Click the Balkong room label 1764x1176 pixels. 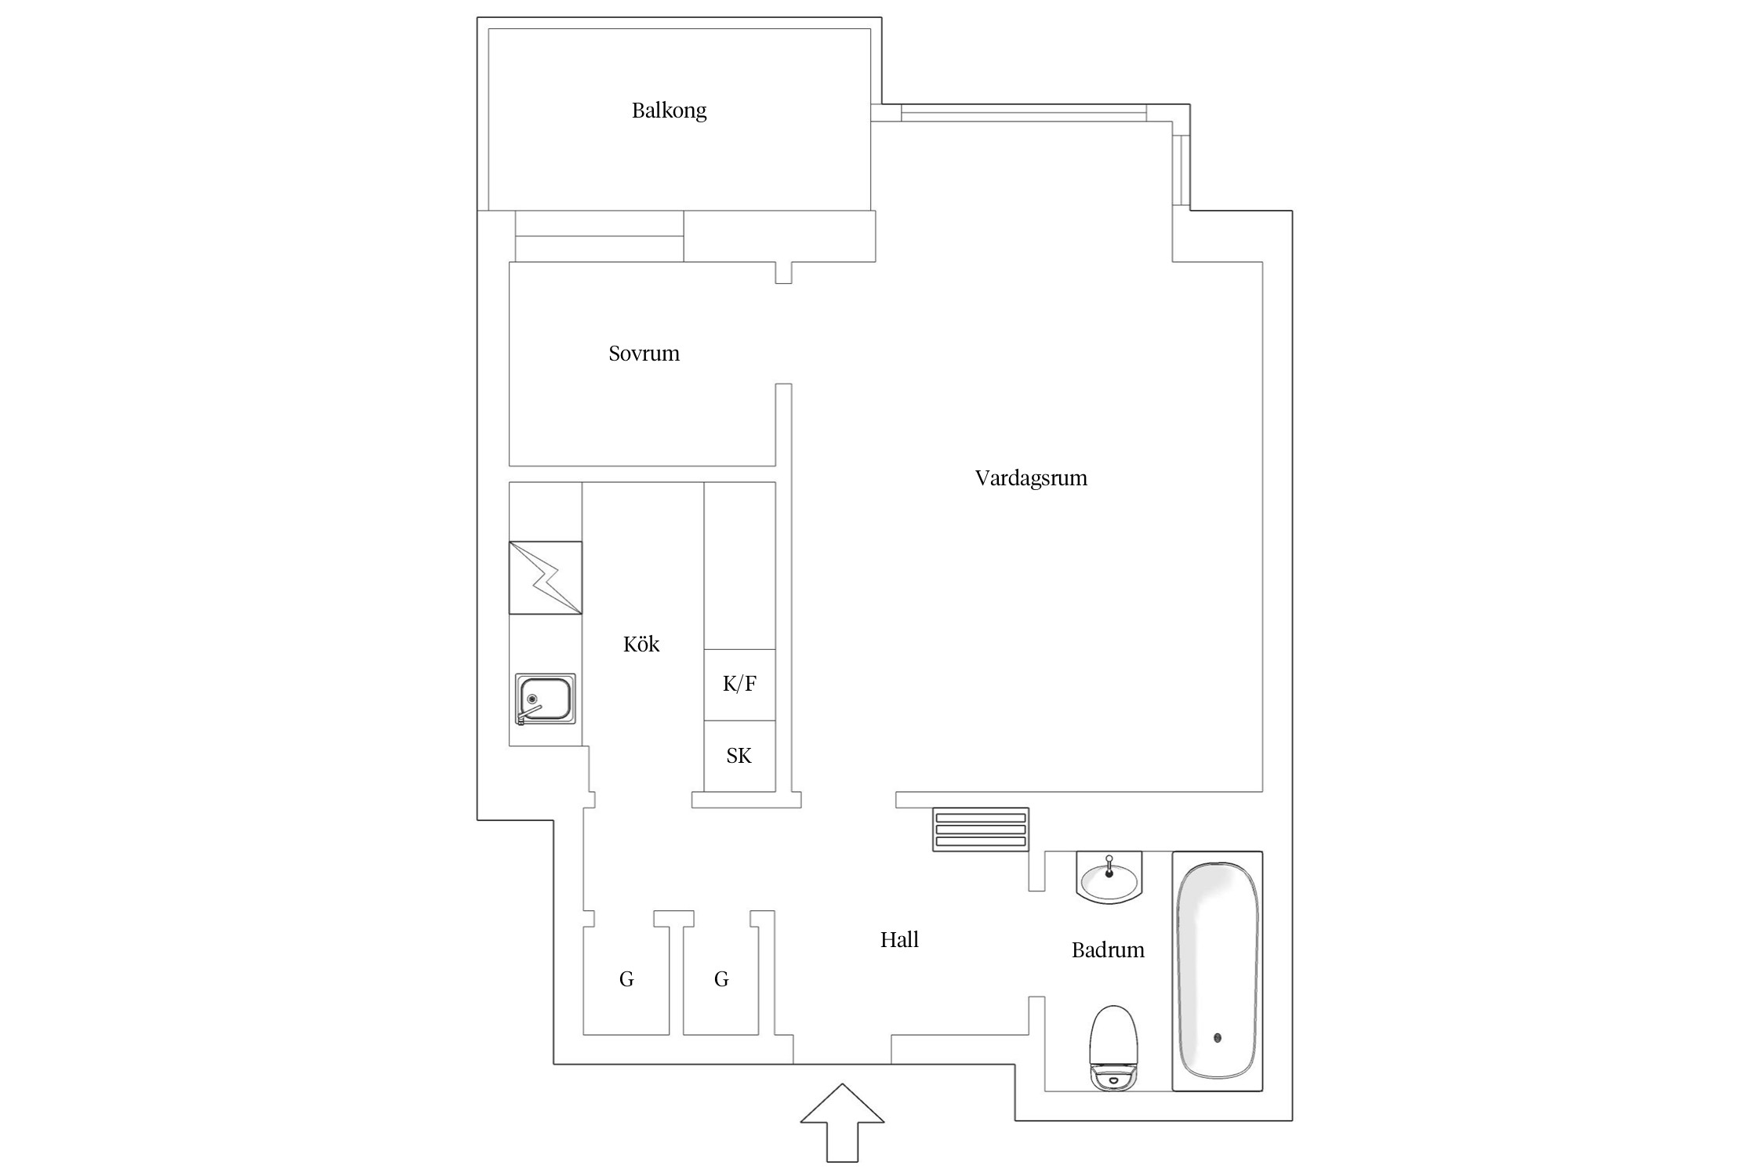pos(669,111)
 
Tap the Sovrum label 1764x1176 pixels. pos(644,354)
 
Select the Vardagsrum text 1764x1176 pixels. pos(1030,478)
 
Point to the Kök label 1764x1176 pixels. pos(641,644)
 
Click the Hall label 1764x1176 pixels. pos(898,939)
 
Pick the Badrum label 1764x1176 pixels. pos(1107,950)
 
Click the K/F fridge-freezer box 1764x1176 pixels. pos(739,684)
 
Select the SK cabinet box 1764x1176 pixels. pos(739,756)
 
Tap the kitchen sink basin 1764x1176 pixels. pos(546,698)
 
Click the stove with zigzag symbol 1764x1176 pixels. pos(545,578)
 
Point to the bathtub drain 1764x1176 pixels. pos(1217,1038)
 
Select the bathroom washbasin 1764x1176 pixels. pos(1109,878)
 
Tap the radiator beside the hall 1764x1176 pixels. pos(980,829)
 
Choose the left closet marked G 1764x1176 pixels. pos(626,978)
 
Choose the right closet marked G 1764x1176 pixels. pos(720,978)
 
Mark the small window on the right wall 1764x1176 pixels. pos(1181,169)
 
